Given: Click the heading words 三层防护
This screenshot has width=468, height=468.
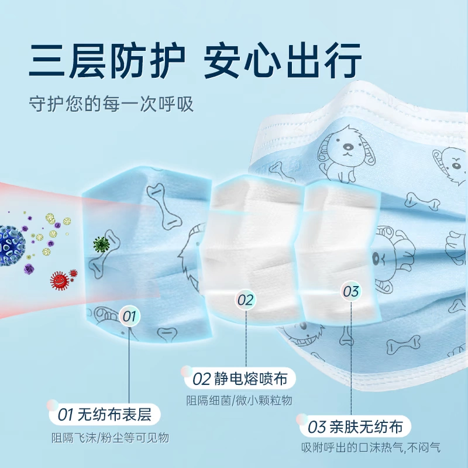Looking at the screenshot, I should [108, 60].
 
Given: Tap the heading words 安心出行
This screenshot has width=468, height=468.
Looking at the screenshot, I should [283, 60].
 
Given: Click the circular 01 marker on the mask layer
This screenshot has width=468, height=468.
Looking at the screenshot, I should [130, 317].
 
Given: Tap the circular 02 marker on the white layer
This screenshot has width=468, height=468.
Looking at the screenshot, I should [246, 300].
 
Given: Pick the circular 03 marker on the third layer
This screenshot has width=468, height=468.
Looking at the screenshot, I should [350, 291].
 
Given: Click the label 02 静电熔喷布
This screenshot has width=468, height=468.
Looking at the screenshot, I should [240, 378].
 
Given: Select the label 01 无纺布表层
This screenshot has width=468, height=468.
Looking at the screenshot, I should [105, 415].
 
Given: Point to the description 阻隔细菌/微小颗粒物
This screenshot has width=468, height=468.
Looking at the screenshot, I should [239, 401].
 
